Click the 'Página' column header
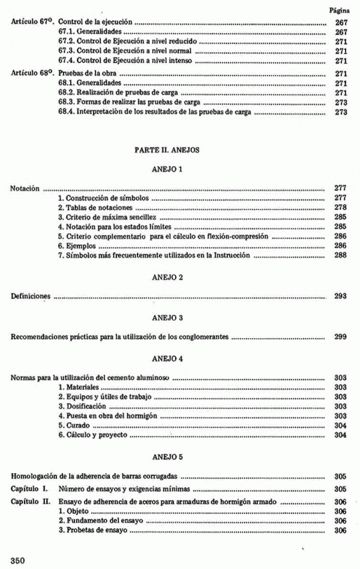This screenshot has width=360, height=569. (x=340, y=11)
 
